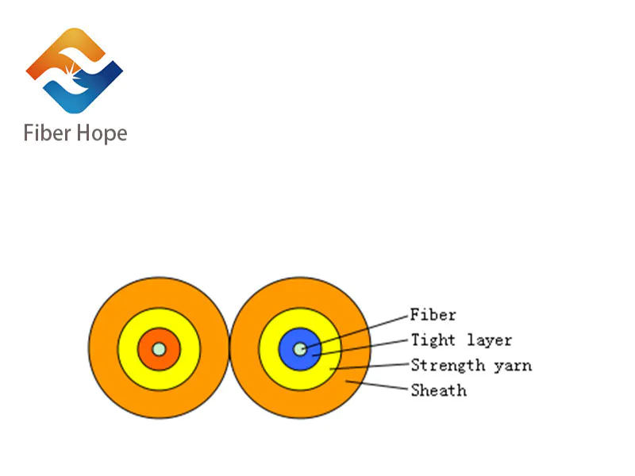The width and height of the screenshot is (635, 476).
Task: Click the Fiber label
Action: pos(433,314)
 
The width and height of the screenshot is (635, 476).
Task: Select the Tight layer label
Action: pos(460,340)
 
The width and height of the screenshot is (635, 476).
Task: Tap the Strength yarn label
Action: pos(471,365)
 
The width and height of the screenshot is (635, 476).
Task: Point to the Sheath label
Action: pos(438,390)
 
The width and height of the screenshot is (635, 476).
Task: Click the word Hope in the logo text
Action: pos(101,133)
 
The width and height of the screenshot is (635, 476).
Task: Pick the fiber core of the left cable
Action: pos(159,348)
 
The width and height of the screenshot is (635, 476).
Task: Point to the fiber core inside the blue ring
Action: pos(299,348)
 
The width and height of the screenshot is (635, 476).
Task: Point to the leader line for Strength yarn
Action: pos(369,367)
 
